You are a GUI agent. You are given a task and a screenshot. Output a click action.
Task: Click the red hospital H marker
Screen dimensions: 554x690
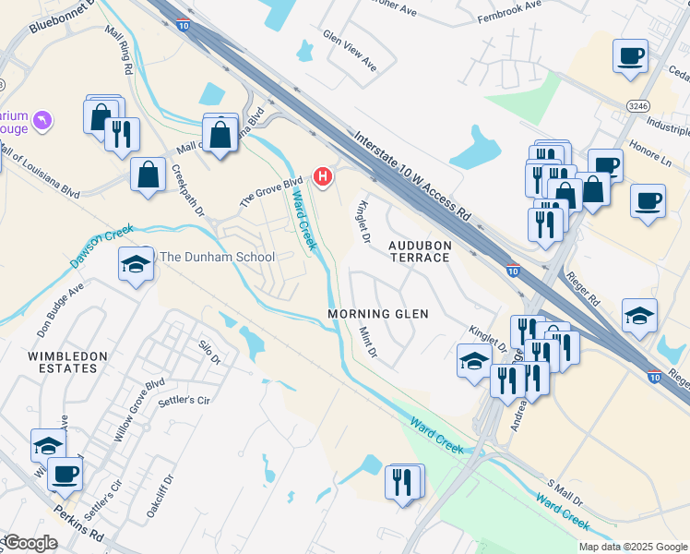point(322,175)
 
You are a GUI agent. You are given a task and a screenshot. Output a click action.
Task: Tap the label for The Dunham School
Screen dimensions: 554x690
point(218,257)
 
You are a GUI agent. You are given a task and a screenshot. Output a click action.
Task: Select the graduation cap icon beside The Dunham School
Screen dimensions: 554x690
point(136,265)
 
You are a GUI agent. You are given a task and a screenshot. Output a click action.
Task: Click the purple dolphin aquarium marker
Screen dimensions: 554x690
point(42,120)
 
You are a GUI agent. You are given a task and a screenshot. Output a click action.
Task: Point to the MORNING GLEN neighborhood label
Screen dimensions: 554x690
point(378,314)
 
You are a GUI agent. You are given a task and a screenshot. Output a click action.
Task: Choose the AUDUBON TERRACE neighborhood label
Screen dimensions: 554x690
point(419,251)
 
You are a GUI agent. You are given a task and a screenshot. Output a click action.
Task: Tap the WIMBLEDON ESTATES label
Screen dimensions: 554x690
point(67,362)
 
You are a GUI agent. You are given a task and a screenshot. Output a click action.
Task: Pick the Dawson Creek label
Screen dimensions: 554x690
point(101,247)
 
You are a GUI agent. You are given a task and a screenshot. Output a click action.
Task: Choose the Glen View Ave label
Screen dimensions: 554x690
point(350,51)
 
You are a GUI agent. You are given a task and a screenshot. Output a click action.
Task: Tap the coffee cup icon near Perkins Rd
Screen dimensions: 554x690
point(64,475)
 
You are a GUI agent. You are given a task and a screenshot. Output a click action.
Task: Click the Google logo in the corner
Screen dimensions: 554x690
point(30,543)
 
